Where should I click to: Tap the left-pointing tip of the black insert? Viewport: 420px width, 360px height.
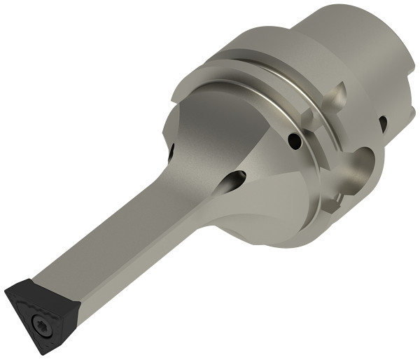click(6, 289)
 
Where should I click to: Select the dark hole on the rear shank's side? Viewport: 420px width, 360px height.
click(383, 124)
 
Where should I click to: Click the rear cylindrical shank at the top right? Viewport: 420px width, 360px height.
click(350, 42)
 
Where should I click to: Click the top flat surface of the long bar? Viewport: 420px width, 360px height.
click(112, 231)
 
